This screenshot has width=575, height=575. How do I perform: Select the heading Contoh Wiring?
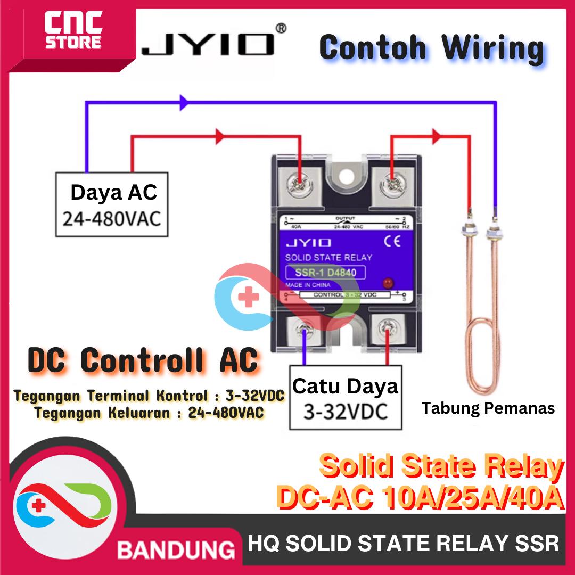431,48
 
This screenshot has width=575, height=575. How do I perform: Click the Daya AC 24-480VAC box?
112,204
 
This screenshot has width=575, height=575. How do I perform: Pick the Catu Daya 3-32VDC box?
345,397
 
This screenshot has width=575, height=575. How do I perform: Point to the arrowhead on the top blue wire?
184,103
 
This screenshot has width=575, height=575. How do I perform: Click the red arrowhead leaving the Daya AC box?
218,137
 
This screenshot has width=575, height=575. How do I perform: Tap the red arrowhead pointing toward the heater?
437,137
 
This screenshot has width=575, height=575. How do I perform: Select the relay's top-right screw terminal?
393,184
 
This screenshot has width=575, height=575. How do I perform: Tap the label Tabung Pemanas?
488,409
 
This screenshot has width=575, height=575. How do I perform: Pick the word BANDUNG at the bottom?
176,549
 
